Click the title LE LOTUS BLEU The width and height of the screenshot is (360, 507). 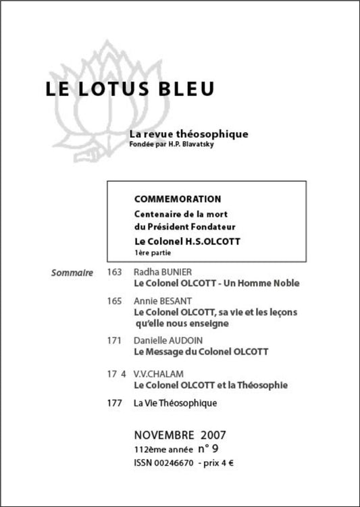[130, 90]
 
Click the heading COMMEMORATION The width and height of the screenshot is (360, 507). [178, 199]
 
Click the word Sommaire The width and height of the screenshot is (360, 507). [72, 273]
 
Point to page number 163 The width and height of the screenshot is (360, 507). [114, 273]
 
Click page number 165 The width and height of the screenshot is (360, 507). [114, 300]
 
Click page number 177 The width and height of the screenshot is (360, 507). [114, 404]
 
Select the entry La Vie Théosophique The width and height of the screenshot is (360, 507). [175, 404]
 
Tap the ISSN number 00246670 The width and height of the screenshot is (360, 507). [175, 463]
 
